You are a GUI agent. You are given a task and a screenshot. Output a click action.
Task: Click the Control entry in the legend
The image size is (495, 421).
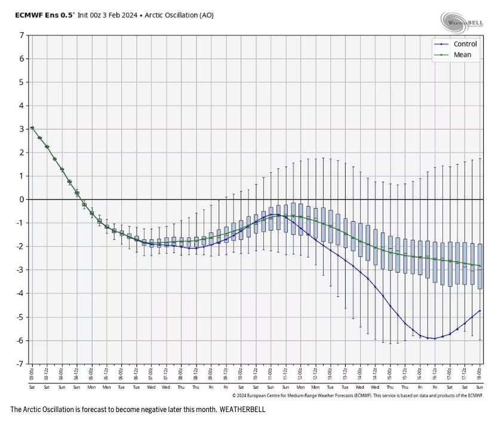(465, 44)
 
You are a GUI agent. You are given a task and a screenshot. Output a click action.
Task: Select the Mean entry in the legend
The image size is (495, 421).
(462, 55)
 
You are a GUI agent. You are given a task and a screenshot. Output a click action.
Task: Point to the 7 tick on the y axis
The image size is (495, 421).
(22, 35)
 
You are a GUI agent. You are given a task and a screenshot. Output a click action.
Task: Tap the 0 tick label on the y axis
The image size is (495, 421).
(22, 199)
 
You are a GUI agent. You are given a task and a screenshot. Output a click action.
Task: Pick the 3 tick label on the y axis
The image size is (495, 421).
(22, 129)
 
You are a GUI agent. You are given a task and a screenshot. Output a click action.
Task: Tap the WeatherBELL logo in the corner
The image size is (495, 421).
(463, 22)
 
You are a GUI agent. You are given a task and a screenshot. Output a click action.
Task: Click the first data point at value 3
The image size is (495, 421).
(32, 128)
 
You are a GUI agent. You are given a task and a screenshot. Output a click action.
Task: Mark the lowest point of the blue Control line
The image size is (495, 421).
(435, 338)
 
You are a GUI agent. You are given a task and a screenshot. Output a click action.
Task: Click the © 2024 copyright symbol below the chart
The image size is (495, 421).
(234, 395)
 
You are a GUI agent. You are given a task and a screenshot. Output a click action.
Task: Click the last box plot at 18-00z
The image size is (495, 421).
(480, 266)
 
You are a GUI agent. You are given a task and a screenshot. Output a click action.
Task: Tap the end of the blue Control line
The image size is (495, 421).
(480, 310)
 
